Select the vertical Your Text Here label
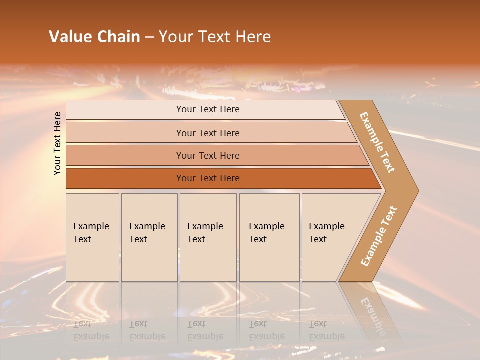coord(57,143)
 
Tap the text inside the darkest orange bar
coord(208,178)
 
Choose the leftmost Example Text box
coord(92,237)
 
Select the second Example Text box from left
coord(149,237)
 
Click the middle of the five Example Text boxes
coord(208,237)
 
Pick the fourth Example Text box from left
coord(269,237)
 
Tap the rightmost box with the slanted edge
coord(330,237)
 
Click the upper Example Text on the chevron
coord(377,142)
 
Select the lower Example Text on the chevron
coord(378,236)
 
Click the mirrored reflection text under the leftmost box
coord(91,330)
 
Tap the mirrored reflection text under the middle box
coord(205,330)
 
